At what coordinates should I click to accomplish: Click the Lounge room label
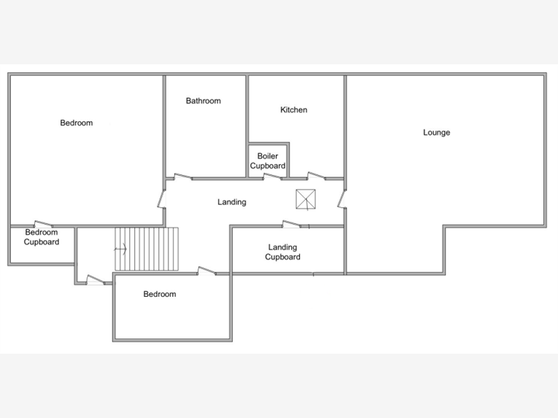436,133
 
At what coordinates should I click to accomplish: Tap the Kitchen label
294,109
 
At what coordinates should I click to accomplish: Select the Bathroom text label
204,101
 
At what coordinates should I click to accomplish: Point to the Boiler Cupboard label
268,161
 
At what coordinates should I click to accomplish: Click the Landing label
232,202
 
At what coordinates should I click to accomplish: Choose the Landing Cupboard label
282,252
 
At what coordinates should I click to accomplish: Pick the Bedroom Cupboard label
42,237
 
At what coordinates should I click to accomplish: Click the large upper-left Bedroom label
76,123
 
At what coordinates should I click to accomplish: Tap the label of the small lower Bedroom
160,294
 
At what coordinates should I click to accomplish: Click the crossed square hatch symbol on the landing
306,199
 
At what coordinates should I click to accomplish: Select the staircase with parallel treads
147,249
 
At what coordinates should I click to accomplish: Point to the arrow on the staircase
120,249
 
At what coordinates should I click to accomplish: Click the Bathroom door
183,177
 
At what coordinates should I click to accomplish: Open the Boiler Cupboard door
273,177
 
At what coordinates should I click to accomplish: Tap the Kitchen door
317,176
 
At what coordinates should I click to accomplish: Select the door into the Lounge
342,199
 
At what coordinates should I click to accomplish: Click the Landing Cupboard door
292,224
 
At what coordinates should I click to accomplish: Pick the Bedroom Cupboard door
44,224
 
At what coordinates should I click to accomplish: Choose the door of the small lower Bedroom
207,271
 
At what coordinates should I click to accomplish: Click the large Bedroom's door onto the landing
162,199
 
